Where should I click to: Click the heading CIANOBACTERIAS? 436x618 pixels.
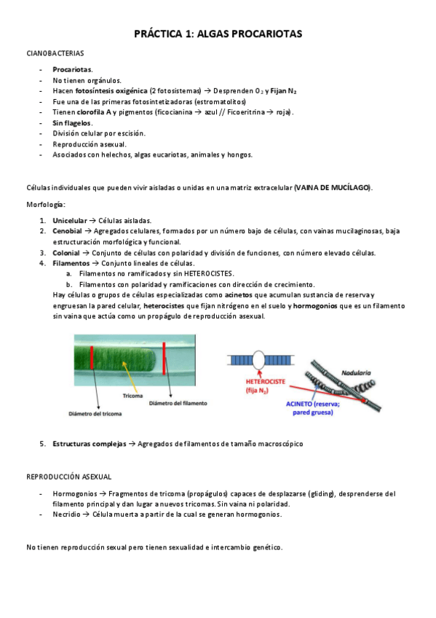point(55,53)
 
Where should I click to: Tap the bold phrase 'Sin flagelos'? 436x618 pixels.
point(72,123)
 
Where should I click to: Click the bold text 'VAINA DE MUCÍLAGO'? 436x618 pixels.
point(333,187)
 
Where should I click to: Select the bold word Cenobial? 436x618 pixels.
point(67,231)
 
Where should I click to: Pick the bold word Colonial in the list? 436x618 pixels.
point(66,253)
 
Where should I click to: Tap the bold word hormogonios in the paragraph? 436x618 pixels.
point(315,306)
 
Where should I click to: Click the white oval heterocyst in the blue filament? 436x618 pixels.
point(258,359)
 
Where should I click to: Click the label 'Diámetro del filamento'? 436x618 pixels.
point(178,403)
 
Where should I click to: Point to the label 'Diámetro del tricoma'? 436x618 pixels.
point(95,414)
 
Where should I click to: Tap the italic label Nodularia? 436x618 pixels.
point(356,372)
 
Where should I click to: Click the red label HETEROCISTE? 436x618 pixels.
point(266,382)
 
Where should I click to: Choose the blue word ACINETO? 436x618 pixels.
point(299,404)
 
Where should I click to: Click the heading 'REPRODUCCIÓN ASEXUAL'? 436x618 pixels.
point(69,477)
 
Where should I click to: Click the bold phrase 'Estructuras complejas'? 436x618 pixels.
point(90,444)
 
